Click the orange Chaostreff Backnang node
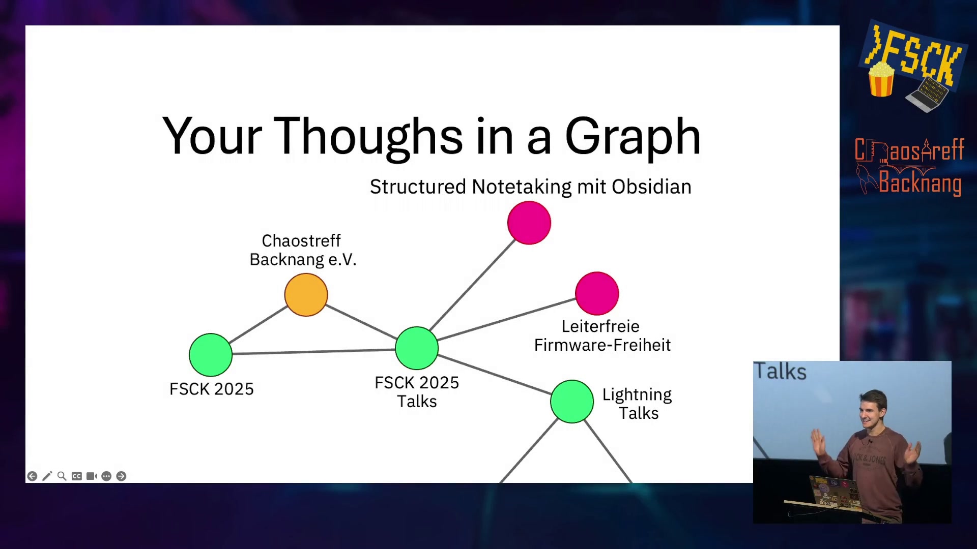(306, 295)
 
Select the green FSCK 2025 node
(211, 355)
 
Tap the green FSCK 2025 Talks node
(417, 348)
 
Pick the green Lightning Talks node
(572, 402)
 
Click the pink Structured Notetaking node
(529, 223)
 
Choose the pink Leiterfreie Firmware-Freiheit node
(597, 293)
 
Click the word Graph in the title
(633, 136)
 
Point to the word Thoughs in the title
(368, 136)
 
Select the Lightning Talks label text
(638, 404)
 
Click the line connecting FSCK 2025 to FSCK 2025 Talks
(314, 351)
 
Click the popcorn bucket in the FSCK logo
(881, 79)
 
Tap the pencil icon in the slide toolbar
(47, 476)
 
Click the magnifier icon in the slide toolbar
(62, 476)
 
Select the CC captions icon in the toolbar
(76, 476)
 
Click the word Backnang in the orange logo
(920, 182)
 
